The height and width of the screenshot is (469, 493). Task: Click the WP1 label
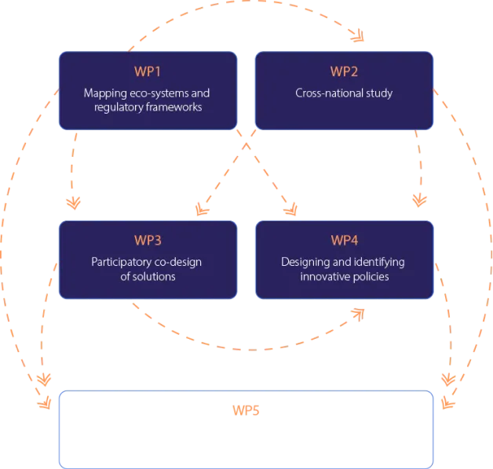tap(147, 71)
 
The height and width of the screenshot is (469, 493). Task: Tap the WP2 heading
tap(344, 71)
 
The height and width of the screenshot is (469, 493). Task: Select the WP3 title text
tap(147, 240)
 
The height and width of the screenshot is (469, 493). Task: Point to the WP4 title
tap(344, 240)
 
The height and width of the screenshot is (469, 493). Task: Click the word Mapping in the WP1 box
tap(104, 93)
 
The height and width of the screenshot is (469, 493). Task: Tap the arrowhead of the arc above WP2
tap(357, 36)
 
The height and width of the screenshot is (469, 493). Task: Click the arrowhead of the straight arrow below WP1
tap(74, 203)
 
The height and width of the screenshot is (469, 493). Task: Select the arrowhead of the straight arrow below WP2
tap(422, 199)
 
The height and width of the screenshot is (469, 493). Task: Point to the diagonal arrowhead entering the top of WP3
tap(203, 209)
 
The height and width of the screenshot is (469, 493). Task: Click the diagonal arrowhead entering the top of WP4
tap(292, 209)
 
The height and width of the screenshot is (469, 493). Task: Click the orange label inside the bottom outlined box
tap(246, 411)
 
